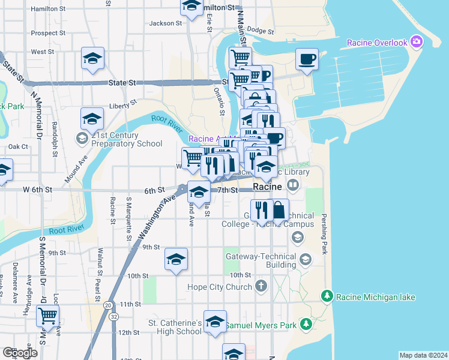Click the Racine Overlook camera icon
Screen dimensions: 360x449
pos(417,42)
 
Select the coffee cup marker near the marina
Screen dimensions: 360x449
pos(307,59)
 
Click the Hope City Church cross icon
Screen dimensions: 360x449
pos(261,286)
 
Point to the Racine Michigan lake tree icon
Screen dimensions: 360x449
pos(327,296)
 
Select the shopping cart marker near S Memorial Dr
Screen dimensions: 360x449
pos(47,315)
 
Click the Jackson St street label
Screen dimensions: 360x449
pos(165,23)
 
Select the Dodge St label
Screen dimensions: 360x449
pos(260,29)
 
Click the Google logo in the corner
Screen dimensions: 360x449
pos(20,353)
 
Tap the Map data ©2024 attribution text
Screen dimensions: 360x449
pos(423,355)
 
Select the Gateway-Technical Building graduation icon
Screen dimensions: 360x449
pos(306,260)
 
